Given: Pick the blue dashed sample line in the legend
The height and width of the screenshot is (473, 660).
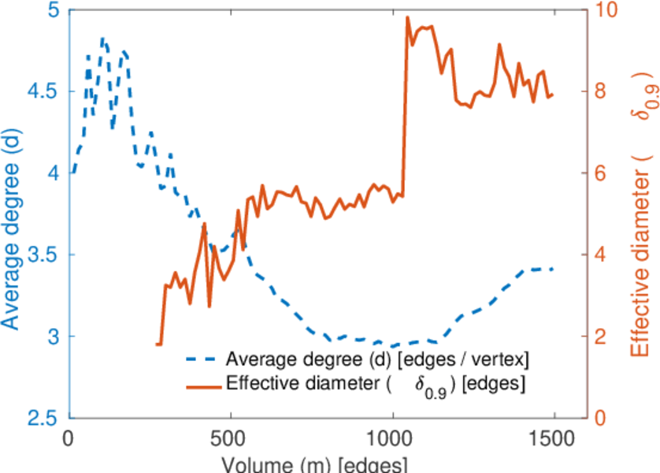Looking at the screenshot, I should (x=202, y=360).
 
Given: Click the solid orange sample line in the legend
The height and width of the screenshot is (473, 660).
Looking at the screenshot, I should (x=202, y=385).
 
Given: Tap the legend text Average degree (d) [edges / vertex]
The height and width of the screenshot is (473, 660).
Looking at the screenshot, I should (x=376, y=360).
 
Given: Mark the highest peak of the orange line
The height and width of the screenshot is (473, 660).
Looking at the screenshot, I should (x=408, y=17).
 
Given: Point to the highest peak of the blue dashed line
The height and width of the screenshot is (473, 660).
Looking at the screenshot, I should (x=102, y=38).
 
